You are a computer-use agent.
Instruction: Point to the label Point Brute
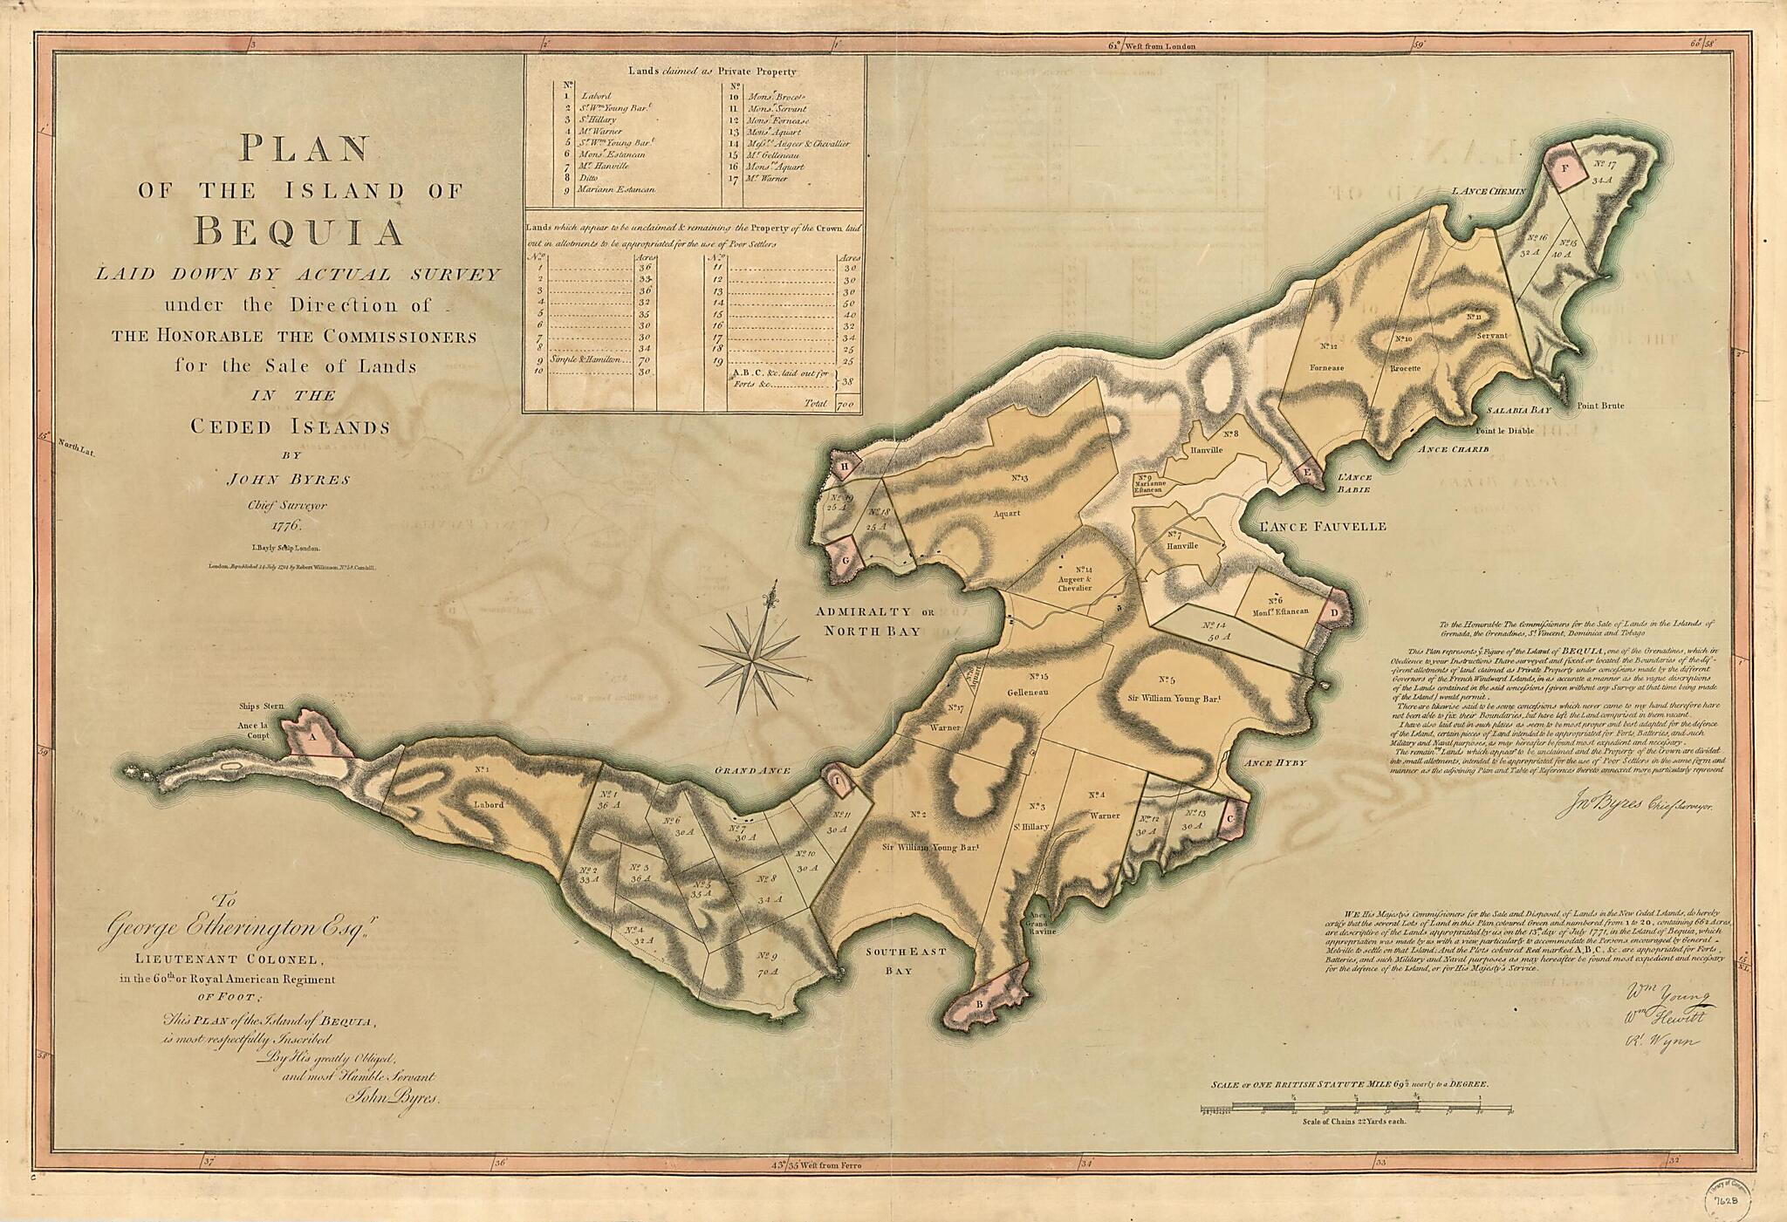[x=1600, y=406]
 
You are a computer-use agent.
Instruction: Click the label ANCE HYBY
[x=1277, y=763]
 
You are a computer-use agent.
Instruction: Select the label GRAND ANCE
[x=752, y=771]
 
